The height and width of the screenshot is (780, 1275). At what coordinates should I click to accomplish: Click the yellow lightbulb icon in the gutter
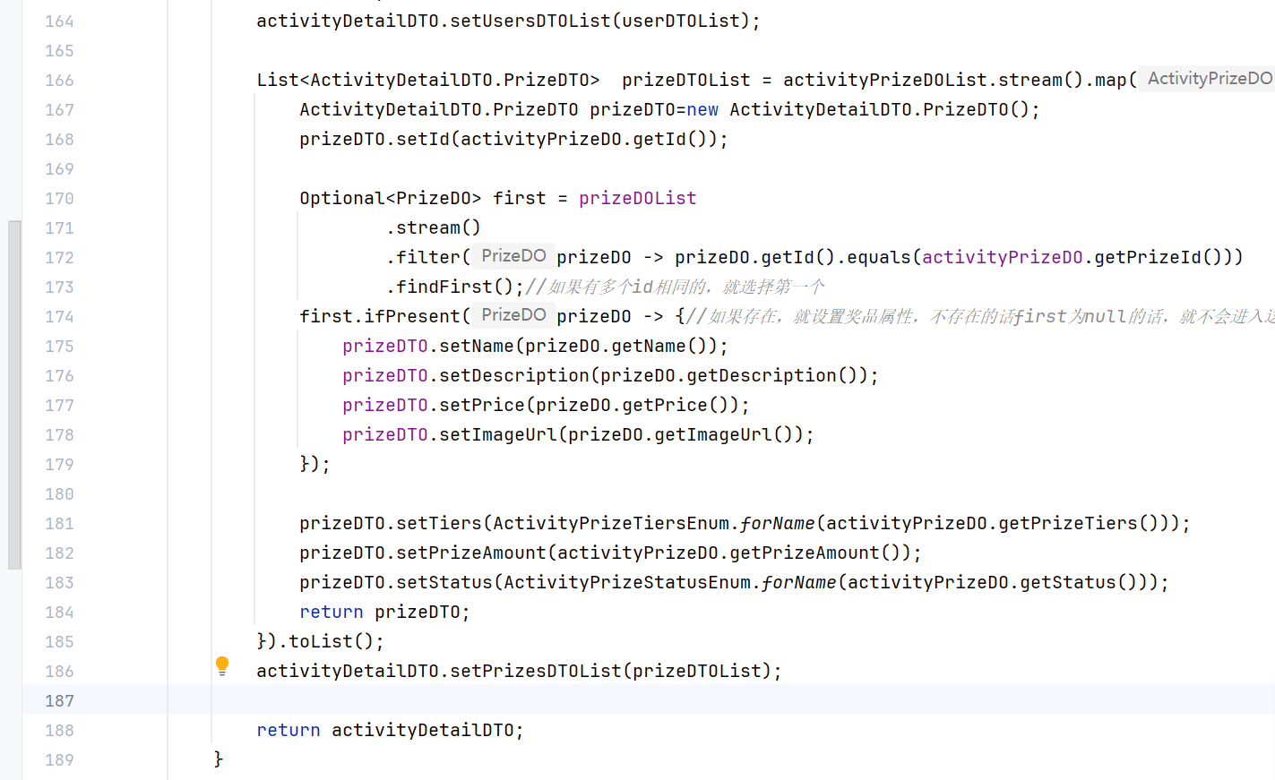click(222, 665)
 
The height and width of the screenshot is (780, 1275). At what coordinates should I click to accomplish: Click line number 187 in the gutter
click(59, 701)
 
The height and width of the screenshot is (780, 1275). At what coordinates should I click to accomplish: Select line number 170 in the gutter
click(59, 199)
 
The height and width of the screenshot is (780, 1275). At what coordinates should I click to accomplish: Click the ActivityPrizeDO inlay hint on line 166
click(1209, 79)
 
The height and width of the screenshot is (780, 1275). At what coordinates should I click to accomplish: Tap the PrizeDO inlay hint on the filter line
click(513, 256)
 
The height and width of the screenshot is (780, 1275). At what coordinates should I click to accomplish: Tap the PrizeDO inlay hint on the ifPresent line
click(513, 315)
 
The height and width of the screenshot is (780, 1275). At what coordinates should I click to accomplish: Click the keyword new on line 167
click(702, 110)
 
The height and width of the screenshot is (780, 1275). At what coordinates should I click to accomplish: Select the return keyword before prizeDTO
click(331, 613)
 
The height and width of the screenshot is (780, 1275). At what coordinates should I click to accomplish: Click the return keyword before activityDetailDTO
click(288, 731)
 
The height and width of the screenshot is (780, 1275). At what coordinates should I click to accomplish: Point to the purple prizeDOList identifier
click(637, 199)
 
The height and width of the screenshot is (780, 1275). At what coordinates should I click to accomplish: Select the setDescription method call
click(514, 376)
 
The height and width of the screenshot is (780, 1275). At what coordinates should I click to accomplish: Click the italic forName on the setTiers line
click(778, 524)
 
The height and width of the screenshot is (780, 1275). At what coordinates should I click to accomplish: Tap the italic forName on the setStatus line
click(799, 583)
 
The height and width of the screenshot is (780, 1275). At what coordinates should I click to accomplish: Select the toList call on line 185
click(321, 642)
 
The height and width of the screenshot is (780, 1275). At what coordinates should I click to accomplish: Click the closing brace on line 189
click(218, 759)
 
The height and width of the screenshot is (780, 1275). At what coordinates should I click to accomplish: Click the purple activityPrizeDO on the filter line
click(1002, 258)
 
